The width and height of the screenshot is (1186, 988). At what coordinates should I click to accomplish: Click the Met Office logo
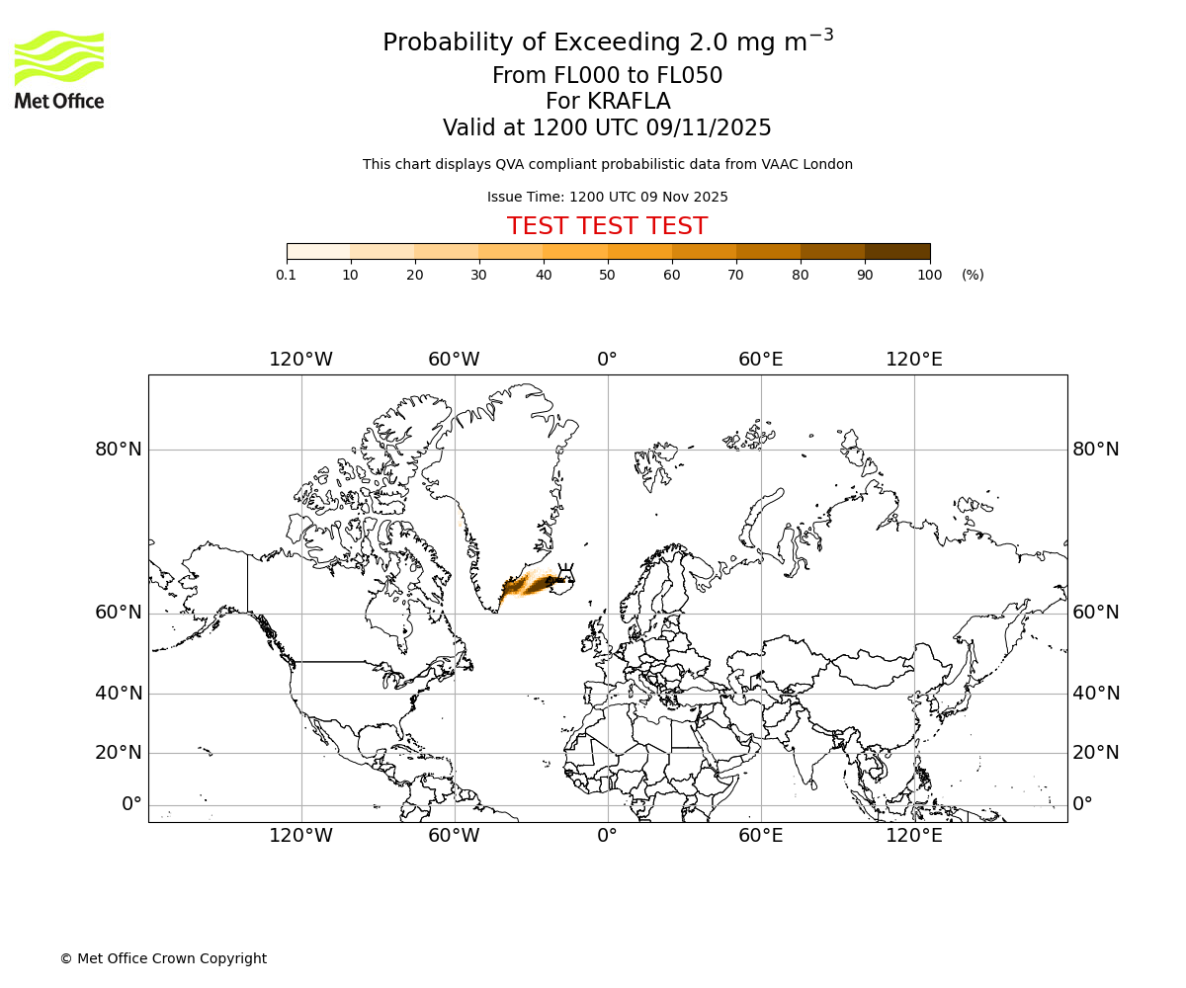point(59,69)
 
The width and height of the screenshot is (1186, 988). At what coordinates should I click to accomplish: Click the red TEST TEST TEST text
point(607,226)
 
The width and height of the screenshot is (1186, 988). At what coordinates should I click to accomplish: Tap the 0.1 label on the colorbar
point(286,276)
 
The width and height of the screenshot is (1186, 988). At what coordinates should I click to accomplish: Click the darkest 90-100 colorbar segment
point(897,251)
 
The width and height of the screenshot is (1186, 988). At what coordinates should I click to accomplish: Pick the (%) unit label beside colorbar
point(973,276)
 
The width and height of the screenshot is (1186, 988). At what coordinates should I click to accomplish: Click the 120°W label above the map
point(300,360)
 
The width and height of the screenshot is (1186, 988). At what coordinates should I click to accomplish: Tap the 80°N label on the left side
point(119,450)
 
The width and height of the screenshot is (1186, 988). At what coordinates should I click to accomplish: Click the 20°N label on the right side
point(1096,753)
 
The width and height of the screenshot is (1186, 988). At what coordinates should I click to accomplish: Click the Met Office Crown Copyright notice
point(163,958)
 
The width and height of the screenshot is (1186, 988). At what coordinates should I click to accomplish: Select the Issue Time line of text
point(607,197)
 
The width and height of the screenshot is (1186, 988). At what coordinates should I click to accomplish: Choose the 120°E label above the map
point(913,360)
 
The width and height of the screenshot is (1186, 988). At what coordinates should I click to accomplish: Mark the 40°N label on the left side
point(119,694)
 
